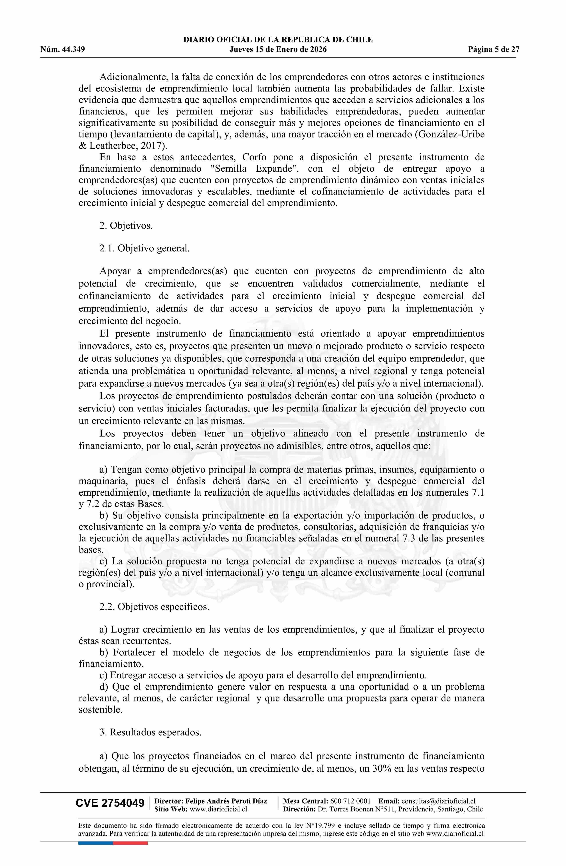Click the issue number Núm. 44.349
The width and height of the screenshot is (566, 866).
point(63,50)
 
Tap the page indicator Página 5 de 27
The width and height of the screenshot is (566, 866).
point(494,50)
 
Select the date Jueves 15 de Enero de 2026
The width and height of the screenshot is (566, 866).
point(278,50)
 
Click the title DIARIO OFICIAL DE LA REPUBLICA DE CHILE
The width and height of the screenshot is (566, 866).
point(278,40)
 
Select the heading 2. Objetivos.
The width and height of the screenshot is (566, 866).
point(126,226)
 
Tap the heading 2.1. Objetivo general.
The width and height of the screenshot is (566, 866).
point(144,248)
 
